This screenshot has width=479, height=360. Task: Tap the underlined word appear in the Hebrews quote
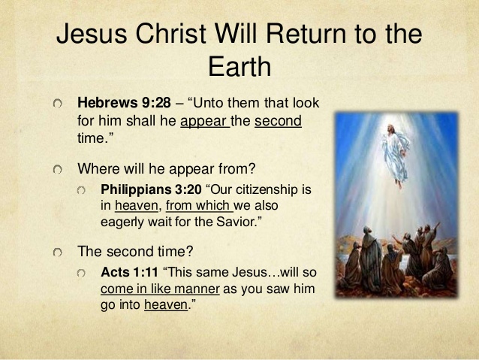204,120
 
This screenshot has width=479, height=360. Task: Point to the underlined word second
279,120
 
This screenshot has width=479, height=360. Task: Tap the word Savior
278,222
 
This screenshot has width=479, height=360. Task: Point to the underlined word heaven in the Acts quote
165,305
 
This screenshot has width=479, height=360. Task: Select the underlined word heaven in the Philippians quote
136,205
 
